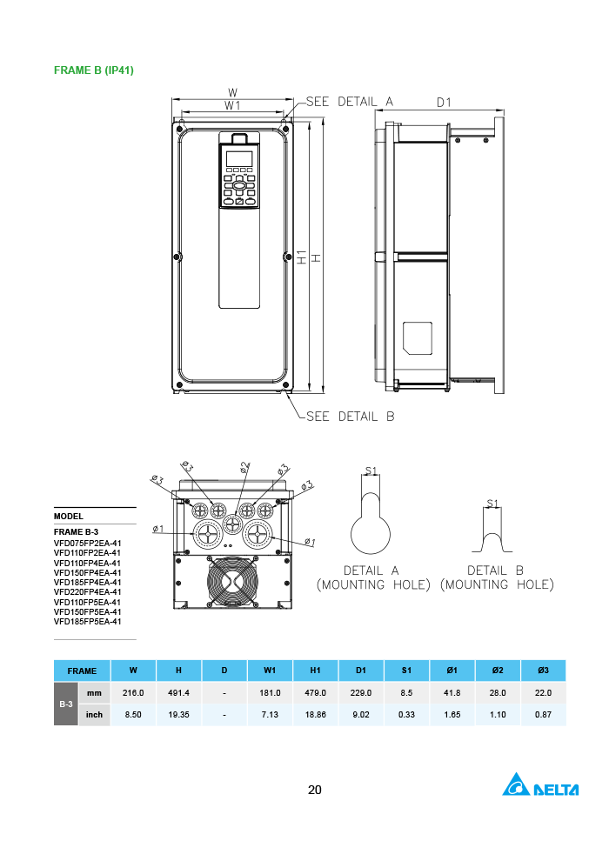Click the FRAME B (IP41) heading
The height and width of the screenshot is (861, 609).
click(94, 70)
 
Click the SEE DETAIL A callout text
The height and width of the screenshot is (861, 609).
click(350, 102)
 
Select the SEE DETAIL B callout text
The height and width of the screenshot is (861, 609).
click(351, 417)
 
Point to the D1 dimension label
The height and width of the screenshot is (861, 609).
click(444, 103)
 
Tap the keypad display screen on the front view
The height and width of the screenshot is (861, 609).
click(239, 159)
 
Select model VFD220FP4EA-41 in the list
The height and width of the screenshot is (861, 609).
click(87, 592)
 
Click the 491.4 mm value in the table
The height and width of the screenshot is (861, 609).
click(178, 693)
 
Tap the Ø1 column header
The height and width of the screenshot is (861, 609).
click(452, 671)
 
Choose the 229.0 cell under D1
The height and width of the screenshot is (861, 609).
click(361, 693)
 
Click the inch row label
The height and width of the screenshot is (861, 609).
click(94, 715)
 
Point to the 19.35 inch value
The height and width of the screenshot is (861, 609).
click(178, 715)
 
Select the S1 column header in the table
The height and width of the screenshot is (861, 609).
click(407, 671)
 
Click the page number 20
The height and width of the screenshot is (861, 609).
click(315, 790)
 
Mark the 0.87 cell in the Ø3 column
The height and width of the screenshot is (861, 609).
click(543, 715)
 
